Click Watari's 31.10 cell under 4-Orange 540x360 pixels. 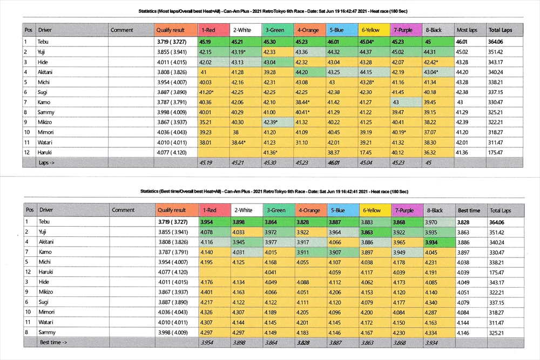pyautogui.click(x=303, y=142)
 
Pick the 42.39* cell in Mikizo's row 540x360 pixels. pyautogui.click(x=274, y=123)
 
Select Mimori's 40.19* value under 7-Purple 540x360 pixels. pyautogui.click(x=402, y=133)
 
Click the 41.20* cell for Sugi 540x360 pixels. pyautogui.click(x=208, y=92)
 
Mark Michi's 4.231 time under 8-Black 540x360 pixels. pyautogui.click(x=432, y=262)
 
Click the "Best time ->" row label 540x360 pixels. pyautogui.click(x=53, y=343)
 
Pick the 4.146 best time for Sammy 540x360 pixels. pyautogui.click(x=464, y=332)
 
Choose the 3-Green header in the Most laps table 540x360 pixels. pyautogui.click(x=275, y=30)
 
